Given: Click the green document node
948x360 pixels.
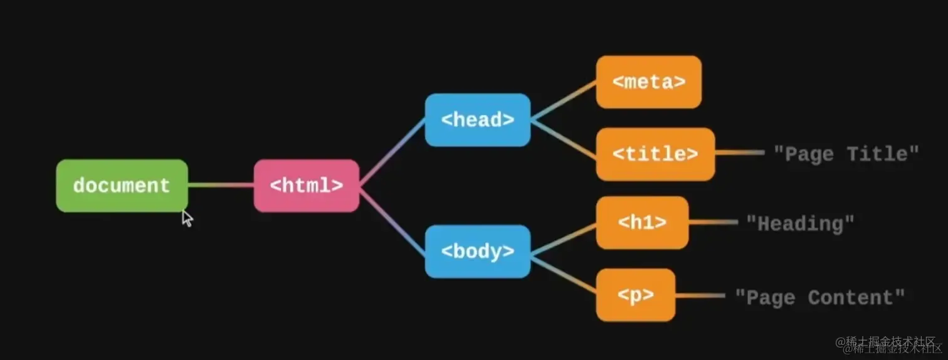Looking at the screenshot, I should point(122,186).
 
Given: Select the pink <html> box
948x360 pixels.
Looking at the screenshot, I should point(306,186).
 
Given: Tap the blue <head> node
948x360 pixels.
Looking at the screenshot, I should point(477,120).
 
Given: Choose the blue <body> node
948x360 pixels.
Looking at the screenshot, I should point(477,251).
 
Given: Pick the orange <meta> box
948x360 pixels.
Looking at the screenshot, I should point(648,82).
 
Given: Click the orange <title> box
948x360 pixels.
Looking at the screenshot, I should point(655,154).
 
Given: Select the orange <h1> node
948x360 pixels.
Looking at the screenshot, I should point(642,223).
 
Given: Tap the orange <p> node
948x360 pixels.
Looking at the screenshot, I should point(635,295).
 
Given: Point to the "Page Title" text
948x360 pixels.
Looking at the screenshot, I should point(846,154).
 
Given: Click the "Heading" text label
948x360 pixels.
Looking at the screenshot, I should point(800,223).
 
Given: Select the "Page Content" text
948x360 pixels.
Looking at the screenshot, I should point(819,297).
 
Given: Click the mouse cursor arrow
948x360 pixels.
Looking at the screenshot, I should point(187,218).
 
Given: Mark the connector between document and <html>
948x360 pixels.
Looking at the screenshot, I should point(221,185).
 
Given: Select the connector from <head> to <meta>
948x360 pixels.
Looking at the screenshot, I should point(563,100).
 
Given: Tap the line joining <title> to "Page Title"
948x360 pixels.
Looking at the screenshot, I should point(740,152).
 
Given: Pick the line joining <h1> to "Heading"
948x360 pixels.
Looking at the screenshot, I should point(714,222).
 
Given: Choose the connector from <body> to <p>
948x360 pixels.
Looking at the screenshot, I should point(563,273).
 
